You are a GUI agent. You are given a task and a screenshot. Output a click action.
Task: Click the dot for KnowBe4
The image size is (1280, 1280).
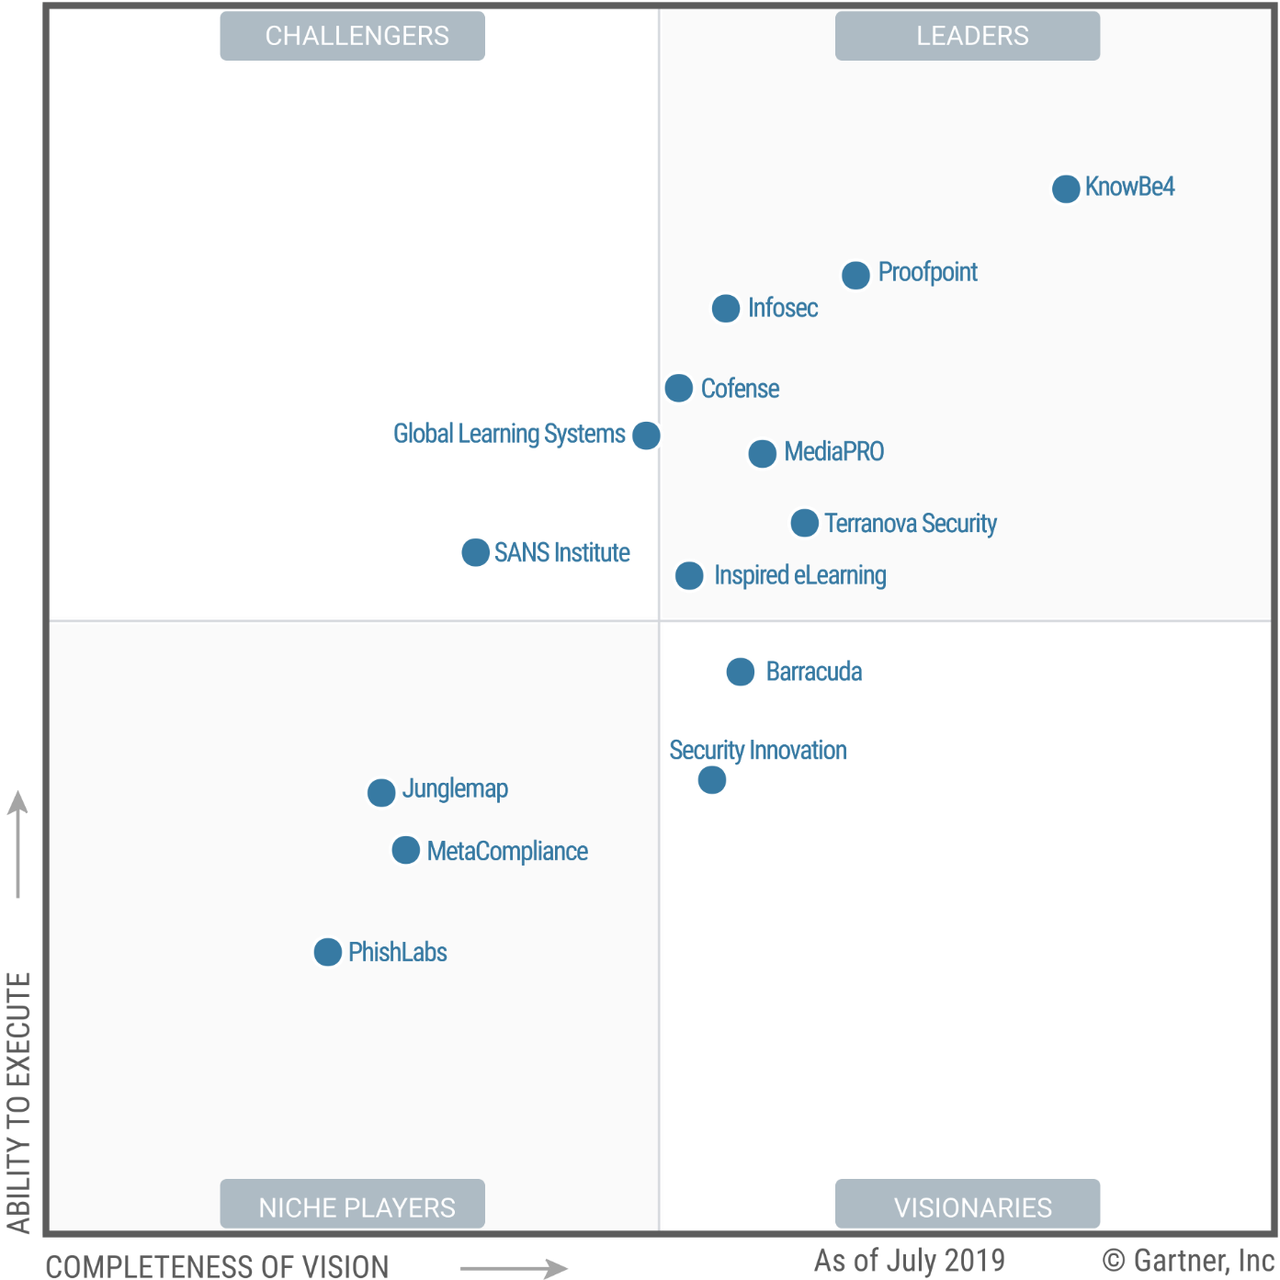click(x=1066, y=188)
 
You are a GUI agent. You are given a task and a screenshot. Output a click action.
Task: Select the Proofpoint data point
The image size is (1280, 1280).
click(x=855, y=275)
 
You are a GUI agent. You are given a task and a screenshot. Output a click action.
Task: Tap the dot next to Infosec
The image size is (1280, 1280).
click(x=726, y=309)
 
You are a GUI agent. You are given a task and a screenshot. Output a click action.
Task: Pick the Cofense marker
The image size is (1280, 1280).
click(x=679, y=388)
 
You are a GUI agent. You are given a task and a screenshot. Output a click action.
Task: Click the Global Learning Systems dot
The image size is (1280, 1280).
click(x=646, y=435)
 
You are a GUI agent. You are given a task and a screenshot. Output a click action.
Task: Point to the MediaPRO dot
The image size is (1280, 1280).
click(x=762, y=453)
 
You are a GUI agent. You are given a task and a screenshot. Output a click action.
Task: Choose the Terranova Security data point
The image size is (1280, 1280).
click(x=805, y=523)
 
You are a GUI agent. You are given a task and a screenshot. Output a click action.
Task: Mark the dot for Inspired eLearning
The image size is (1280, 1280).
click(x=689, y=576)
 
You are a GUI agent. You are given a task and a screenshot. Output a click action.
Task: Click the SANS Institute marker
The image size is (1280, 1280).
click(x=475, y=552)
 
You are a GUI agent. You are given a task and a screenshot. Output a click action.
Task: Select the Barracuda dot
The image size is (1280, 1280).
click(x=741, y=672)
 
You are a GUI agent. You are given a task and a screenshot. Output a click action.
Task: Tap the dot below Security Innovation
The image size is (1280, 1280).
click(x=712, y=780)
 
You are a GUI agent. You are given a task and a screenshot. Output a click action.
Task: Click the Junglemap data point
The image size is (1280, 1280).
click(x=381, y=792)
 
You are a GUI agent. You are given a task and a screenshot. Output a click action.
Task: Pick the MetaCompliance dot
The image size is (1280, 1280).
click(x=405, y=850)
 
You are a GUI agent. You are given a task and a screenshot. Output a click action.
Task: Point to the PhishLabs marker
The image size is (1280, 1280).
click(x=328, y=952)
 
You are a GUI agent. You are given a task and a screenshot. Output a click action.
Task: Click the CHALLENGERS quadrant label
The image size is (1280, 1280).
click(x=353, y=36)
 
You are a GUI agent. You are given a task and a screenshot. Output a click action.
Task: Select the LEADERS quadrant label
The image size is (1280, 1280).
click(x=968, y=36)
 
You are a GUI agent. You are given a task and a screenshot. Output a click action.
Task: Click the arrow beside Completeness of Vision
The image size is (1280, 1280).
click(x=515, y=1268)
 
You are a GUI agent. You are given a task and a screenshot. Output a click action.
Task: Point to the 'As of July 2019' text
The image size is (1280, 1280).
click(x=909, y=1260)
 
